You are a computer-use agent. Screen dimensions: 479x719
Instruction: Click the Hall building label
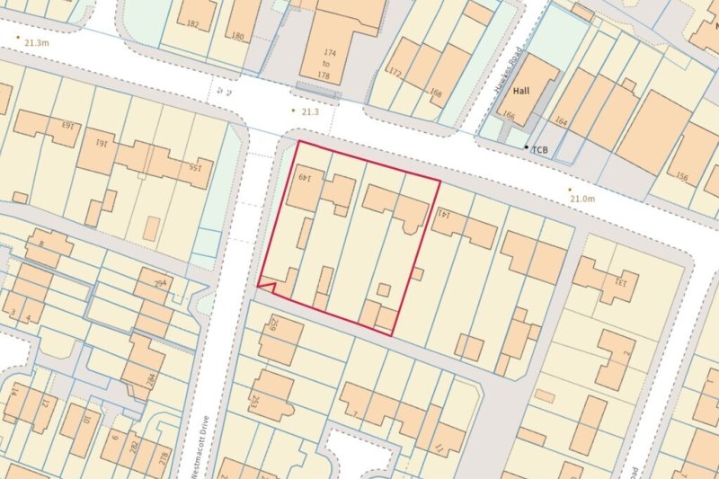[x=522, y=92]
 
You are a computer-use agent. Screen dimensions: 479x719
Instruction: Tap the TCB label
[x=540, y=149]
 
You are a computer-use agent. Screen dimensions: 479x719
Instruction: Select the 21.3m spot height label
[x=36, y=42]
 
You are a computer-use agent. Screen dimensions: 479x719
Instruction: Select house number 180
[x=237, y=36]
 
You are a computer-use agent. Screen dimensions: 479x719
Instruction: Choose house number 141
[x=443, y=214]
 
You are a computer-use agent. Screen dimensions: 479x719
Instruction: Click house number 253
[x=254, y=400]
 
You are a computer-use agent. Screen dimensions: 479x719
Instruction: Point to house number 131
[x=618, y=280]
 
